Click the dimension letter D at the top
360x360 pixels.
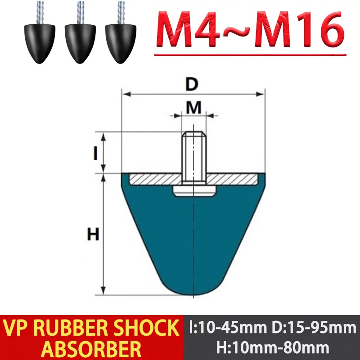tap(193, 84)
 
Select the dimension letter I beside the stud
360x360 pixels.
tap(95, 153)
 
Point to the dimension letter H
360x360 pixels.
tap(93, 234)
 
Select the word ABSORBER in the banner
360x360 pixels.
tap(92, 347)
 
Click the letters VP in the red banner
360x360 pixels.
tap(22, 328)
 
